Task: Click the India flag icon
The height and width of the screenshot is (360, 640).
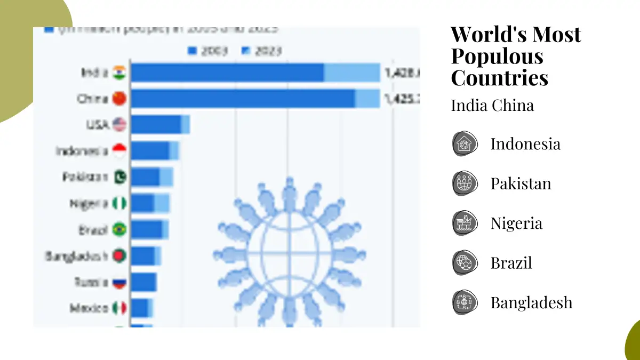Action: tap(119, 73)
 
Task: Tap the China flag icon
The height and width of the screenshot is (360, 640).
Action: tap(119, 99)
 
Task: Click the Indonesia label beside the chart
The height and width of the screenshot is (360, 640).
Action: tap(82, 151)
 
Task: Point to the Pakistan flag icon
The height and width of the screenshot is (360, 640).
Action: tap(119, 177)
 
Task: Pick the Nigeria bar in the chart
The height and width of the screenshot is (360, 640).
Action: tap(150, 203)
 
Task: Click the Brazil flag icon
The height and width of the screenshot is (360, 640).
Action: tap(119, 229)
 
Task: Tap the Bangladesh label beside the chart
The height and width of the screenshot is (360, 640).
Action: tap(77, 256)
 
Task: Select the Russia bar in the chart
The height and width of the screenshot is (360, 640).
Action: tap(143, 282)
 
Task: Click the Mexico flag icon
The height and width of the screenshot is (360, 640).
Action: tap(119, 308)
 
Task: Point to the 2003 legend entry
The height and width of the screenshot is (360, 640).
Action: tap(208, 51)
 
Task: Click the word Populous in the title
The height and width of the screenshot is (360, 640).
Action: tap(490, 56)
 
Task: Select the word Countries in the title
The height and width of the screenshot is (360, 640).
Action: tap(499, 78)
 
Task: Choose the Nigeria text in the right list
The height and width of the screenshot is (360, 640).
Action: tap(516, 223)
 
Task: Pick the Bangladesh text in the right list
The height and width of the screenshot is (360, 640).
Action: tap(531, 302)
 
